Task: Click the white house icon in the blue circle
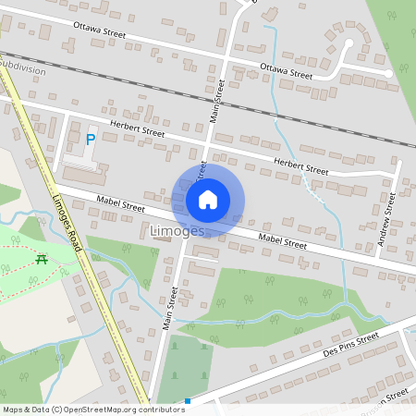pyautogui.click(x=208, y=199)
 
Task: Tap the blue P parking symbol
pyautogui.click(x=90, y=141)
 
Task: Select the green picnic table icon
pyautogui.click(x=42, y=259)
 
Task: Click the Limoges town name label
pyautogui.click(x=177, y=230)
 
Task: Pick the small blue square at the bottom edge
pyautogui.click(x=188, y=401)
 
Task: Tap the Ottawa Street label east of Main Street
pyautogui.click(x=287, y=69)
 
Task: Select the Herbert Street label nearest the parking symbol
pyautogui.click(x=136, y=130)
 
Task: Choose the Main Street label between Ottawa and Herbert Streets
pyautogui.click(x=218, y=103)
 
